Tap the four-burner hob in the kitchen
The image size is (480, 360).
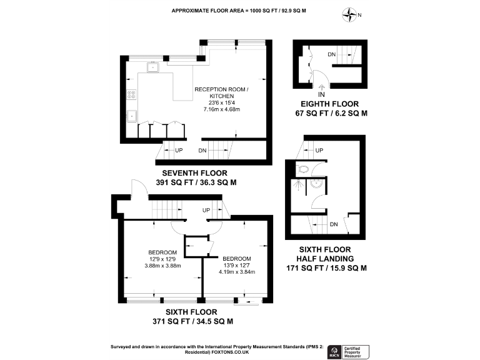click(131, 96)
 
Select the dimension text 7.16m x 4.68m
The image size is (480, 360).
click(221, 109)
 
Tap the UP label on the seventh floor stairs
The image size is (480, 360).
click(179, 151)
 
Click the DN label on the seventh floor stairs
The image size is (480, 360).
click(202, 151)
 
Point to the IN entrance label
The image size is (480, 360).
click(321, 94)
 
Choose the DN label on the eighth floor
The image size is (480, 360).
click(332, 55)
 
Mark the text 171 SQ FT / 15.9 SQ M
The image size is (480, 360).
click(326, 268)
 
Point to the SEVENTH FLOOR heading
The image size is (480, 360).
click(194, 173)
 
